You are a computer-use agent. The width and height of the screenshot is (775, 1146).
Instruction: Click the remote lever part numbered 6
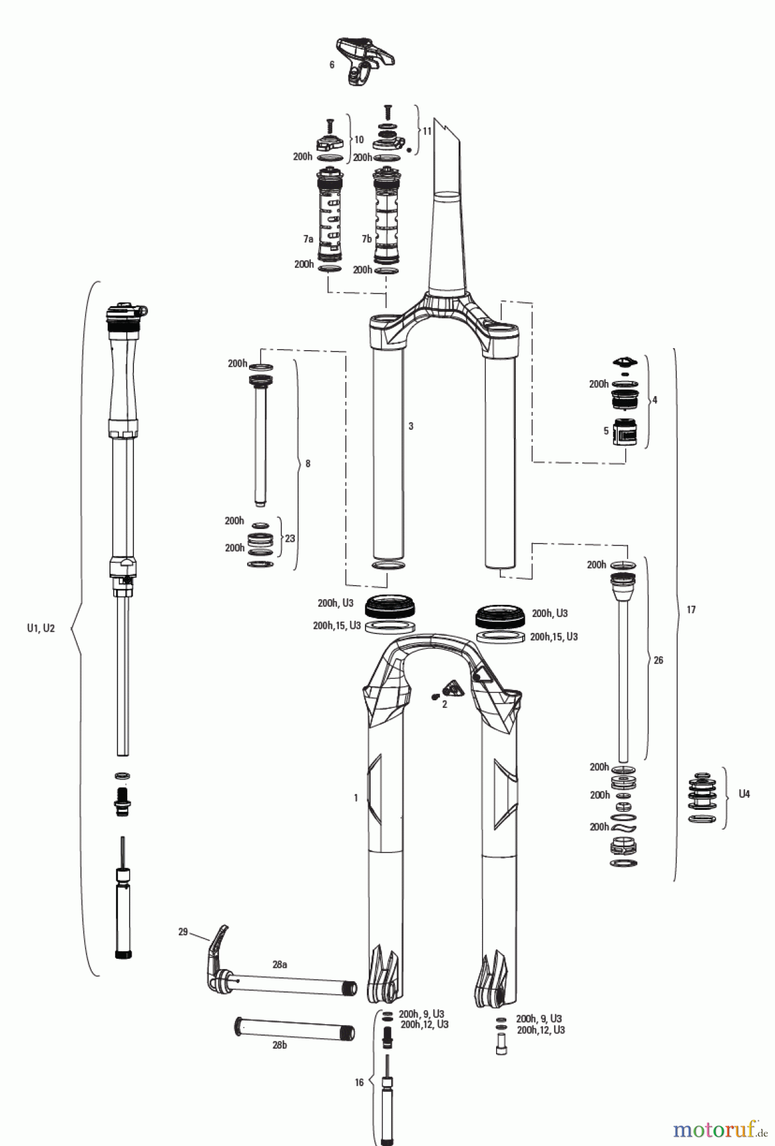pos(364,60)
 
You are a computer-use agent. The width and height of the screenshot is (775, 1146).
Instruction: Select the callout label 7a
pos(308,239)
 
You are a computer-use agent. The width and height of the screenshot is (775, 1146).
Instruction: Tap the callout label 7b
pos(366,239)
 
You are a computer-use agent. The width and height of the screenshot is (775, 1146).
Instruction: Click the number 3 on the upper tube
pos(411,426)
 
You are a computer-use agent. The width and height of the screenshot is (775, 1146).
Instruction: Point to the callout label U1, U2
pos(41,628)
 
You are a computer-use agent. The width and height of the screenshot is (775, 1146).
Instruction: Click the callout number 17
pos(691,609)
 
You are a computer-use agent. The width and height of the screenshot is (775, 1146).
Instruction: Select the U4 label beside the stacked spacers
pos(744,794)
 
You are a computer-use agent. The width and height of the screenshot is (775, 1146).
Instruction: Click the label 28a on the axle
pos(280,965)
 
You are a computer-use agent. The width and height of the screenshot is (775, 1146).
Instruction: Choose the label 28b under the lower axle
pos(279,1045)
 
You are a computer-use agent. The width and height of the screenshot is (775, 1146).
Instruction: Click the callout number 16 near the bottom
pos(359,1082)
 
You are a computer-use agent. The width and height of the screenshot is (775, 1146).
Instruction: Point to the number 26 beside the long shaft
pos(658,660)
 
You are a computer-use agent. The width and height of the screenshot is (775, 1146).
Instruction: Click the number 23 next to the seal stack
pos(290,538)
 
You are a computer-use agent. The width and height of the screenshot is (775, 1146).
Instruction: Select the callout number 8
pos(308,463)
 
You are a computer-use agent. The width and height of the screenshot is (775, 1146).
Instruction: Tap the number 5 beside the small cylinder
pos(606,430)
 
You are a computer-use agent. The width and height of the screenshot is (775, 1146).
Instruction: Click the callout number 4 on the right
pos(655,400)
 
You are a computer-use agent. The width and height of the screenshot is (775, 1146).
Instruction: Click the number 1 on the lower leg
pos(356,797)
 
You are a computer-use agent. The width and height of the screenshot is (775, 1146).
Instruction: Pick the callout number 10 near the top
pos(359,139)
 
